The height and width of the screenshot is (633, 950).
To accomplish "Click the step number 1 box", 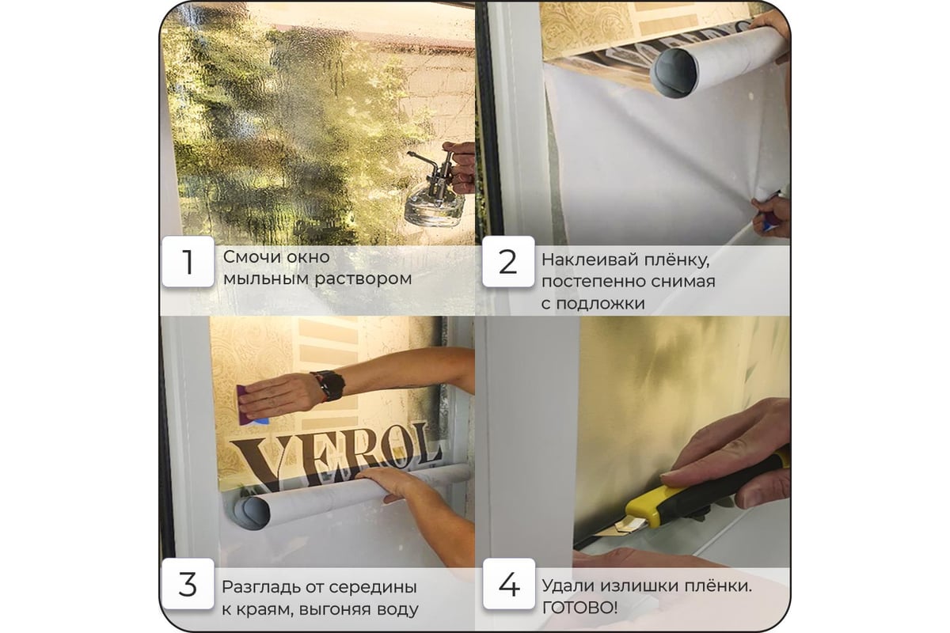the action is pos(188,262).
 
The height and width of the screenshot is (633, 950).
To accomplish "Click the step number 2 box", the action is pos(508,262).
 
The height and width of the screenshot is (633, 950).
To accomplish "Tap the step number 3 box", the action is pos(188,584).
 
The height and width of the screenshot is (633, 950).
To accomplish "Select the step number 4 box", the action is pos(509,584).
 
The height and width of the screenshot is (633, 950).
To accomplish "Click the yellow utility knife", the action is pos(696,496).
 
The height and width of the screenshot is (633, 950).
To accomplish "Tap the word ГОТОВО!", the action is pos(579,608).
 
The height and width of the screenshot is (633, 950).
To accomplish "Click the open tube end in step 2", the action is pos(674,73).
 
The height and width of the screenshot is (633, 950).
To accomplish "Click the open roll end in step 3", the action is pos(252,513).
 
